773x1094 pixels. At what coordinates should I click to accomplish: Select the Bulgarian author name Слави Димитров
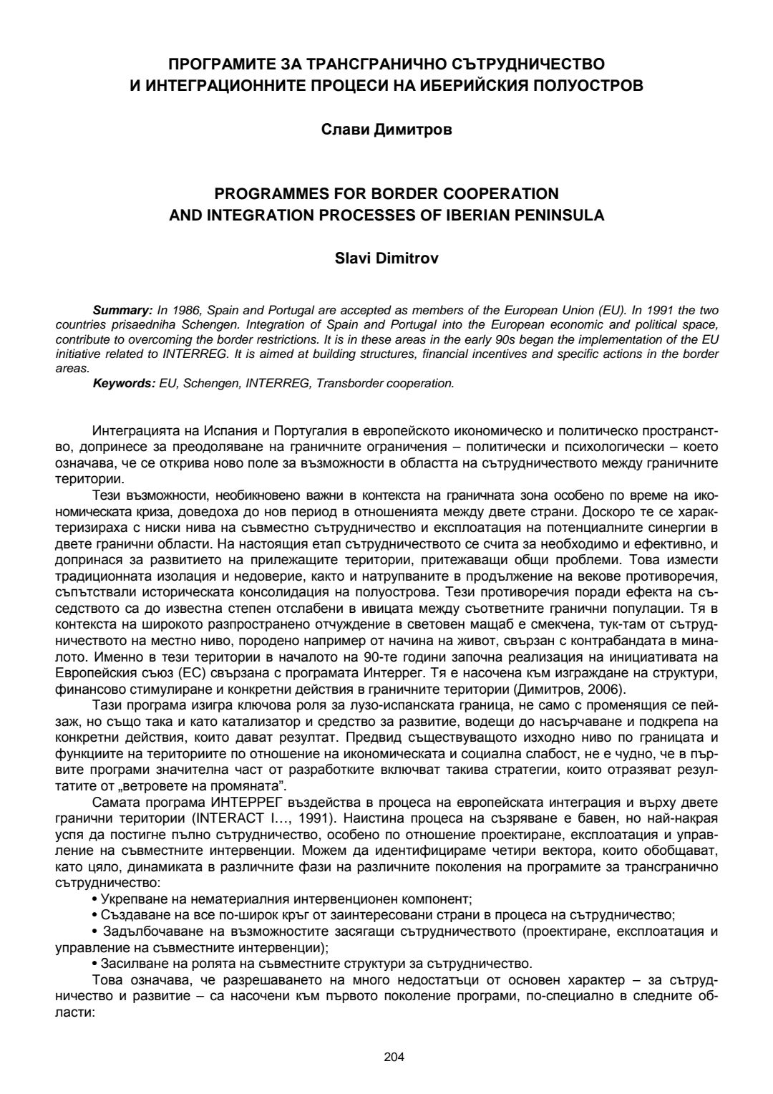386,131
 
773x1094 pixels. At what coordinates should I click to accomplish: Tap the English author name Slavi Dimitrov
386,258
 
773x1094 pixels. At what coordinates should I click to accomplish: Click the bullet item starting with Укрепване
282,898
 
